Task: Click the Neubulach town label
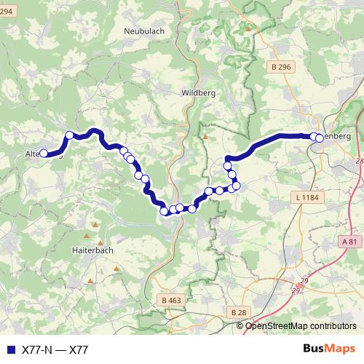pos(146,31)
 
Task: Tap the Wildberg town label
pos(197,92)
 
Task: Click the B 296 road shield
pos(280,67)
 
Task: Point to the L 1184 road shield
pos(309,197)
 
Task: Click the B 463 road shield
pos(170,300)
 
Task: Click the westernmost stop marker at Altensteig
pos(44,154)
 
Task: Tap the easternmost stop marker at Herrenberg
pos(320,138)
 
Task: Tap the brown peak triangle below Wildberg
pos(206,135)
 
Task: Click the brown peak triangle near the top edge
pos(249,28)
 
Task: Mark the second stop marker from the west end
pos(69,135)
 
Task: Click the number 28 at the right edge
pos(359,161)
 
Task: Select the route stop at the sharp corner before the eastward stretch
pos(227,166)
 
